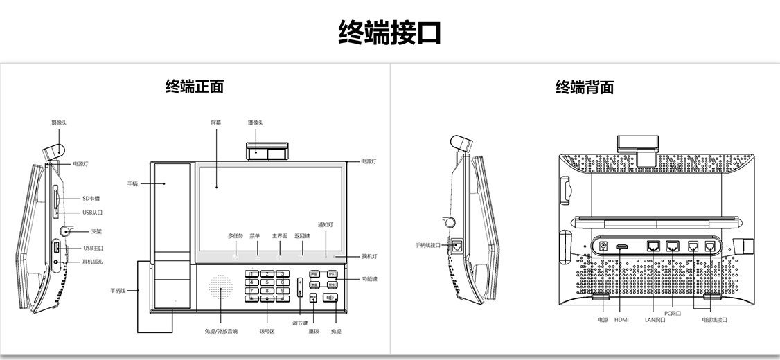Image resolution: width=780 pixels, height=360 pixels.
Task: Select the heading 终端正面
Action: [x=195, y=87]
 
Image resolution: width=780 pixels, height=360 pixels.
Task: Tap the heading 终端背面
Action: [x=585, y=87]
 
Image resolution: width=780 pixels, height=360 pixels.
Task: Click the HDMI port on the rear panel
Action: [x=622, y=246]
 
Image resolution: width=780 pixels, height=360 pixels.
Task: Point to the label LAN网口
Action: [x=655, y=320]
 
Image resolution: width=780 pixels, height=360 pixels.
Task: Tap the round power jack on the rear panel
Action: [x=603, y=246]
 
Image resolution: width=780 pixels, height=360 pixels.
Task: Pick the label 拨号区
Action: [x=267, y=332]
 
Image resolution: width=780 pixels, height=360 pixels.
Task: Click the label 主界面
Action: [x=280, y=236]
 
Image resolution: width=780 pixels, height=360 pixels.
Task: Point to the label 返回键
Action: [x=301, y=236]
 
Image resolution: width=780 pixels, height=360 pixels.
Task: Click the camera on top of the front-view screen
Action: [x=267, y=151]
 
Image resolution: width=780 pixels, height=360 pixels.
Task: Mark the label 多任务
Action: [x=236, y=236]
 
